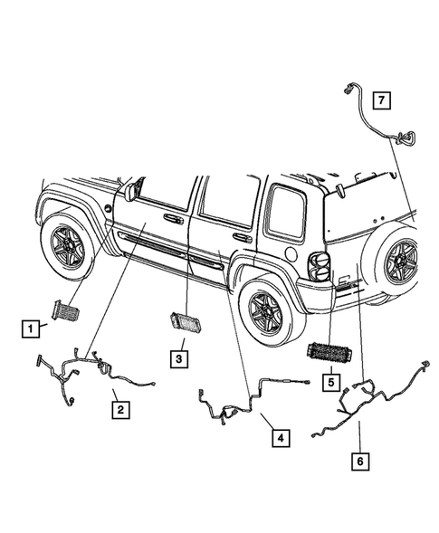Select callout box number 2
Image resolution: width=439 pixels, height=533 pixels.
119,410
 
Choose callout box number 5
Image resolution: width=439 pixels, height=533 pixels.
331,381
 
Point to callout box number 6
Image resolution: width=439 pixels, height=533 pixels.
360,459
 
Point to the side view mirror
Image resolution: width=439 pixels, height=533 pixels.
135,190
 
